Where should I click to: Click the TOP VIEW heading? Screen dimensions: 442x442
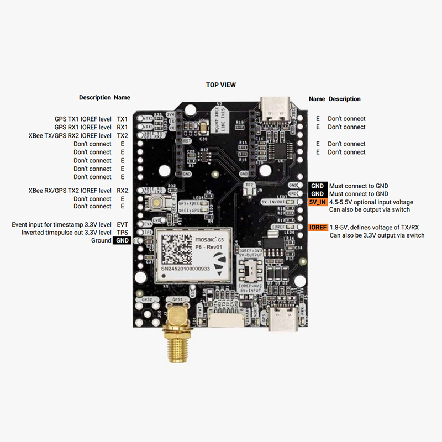click(x=221, y=85)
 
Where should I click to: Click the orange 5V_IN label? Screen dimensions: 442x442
click(x=318, y=202)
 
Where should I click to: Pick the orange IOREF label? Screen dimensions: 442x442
click(x=318, y=228)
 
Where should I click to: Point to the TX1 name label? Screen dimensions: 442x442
click(x=122, y=119)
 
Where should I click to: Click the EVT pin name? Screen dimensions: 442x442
click(x=122, y=225)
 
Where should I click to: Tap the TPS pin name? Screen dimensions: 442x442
click(x=122, y=233)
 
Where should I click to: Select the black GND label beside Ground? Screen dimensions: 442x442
click(x=122, y=241)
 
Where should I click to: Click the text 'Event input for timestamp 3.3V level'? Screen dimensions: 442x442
click(x=62, y=225)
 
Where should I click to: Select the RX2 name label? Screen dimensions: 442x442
click(x=122, y=191)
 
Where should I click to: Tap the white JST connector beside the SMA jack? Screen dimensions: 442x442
click(x=226, y=319)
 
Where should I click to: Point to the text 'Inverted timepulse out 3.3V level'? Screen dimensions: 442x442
click(x=66, y=233)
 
